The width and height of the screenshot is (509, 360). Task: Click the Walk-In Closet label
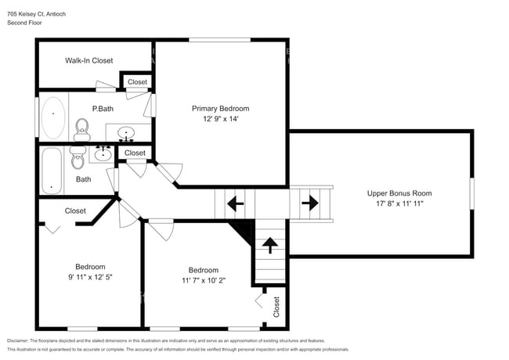point(88,60)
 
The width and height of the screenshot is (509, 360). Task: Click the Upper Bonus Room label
point(399,193)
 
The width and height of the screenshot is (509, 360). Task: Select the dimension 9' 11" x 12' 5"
point(90,277)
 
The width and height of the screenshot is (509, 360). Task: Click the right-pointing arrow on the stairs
point(309,204)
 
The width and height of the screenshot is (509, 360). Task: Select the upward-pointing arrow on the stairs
point(270,246)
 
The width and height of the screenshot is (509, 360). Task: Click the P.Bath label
point(103,109)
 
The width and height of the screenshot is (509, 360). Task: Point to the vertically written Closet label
point(276,307)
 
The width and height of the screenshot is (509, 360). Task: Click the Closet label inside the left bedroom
point(75,211)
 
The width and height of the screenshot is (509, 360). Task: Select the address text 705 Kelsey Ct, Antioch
point(38,13)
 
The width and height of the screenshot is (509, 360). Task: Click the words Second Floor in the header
point(25,23)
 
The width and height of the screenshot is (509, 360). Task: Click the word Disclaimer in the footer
point(21,341)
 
